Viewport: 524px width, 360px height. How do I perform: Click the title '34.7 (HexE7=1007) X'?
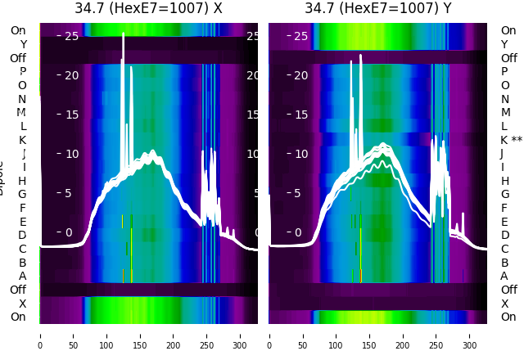(x=148, y=9)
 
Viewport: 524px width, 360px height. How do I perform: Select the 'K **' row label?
(x=512, y=140)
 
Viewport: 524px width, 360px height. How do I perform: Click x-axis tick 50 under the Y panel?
(x=302, y=335)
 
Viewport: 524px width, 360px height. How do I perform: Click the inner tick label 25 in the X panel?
(x=71, y=36)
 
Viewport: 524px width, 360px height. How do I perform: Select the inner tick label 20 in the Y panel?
(x=300, y=75)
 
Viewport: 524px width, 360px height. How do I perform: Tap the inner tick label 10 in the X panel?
(x=71, y=154)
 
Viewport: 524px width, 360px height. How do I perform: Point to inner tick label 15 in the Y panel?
(x=300, y=115)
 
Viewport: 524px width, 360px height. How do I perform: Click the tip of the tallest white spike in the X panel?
(x=123, y=34)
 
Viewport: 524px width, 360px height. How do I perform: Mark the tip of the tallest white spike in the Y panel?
(x=361, y=56)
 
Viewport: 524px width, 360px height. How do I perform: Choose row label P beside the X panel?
(x=22, y=71)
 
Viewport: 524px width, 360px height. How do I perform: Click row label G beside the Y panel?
(x=505, y=195)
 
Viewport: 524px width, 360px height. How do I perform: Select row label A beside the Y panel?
(x=504, y=277)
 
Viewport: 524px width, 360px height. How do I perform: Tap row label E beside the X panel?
(x=22, y=222)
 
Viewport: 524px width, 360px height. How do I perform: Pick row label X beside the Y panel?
(x=504, y=304)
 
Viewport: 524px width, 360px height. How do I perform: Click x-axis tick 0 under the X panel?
(x=39, y=335)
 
